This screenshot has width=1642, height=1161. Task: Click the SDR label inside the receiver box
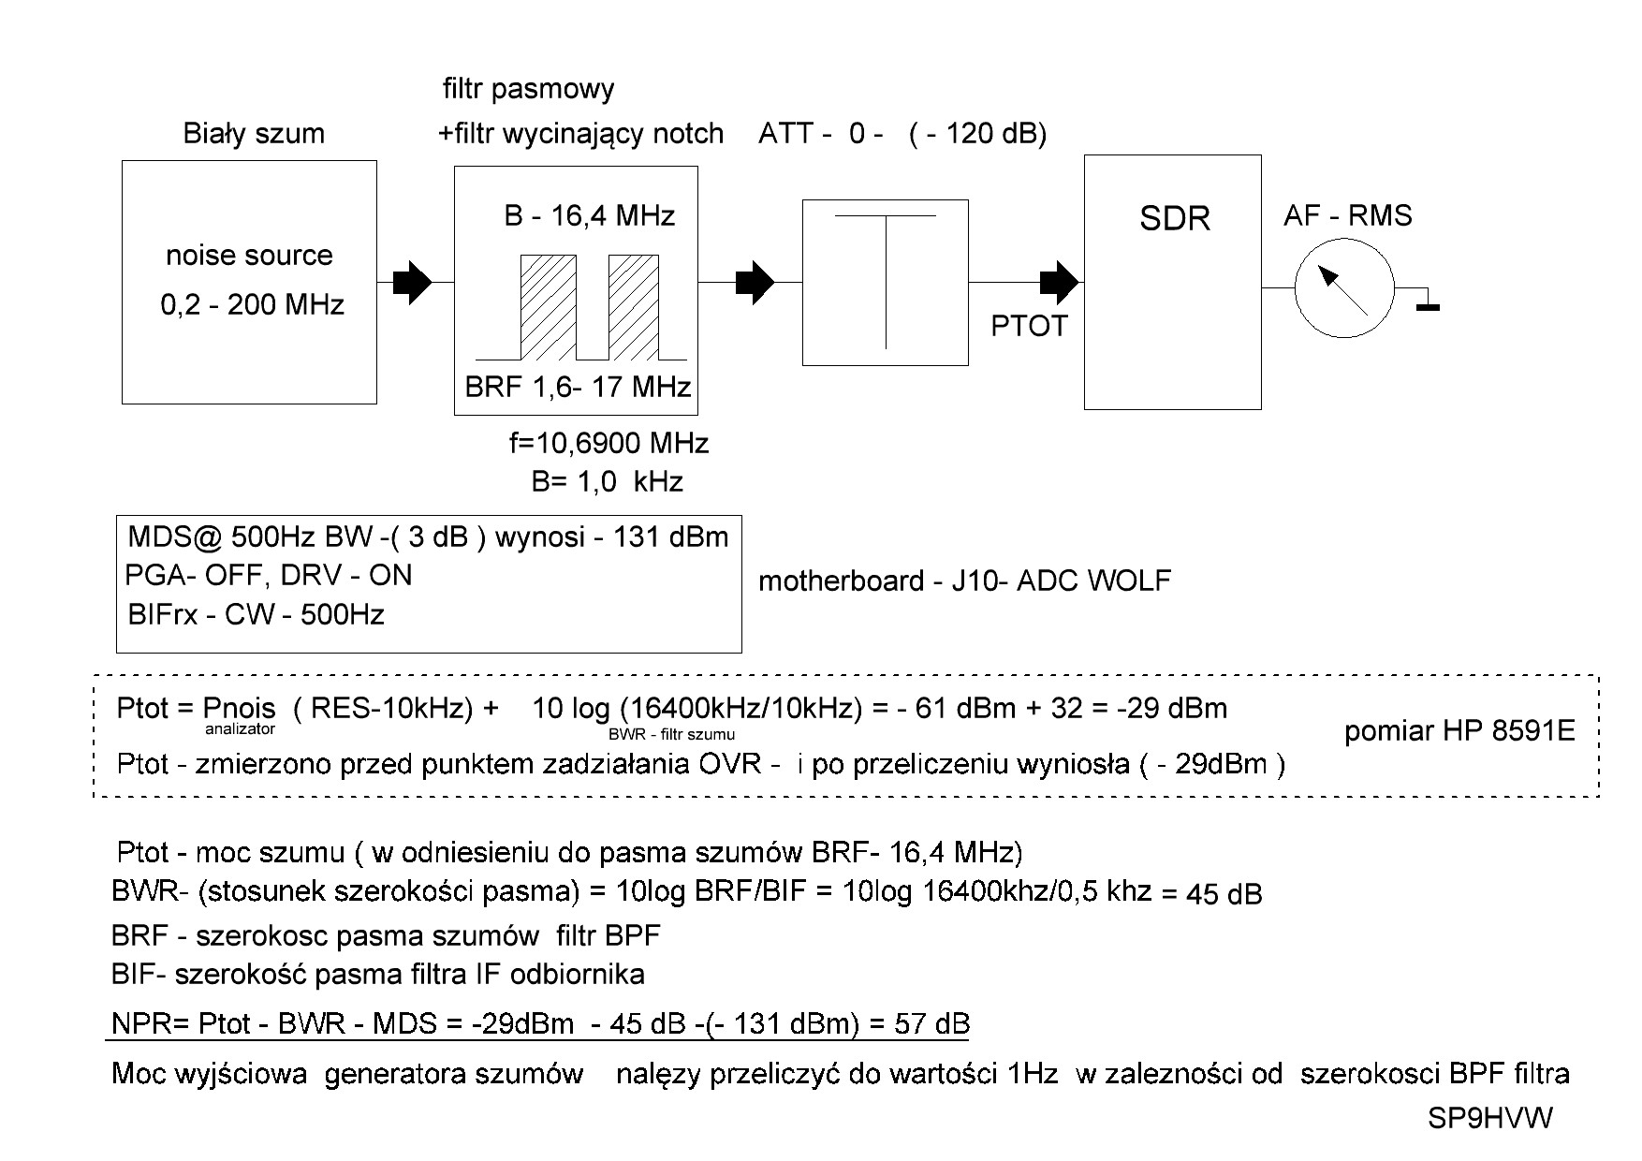click(x=1175, y=218)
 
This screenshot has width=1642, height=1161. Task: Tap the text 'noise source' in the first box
click(x=249, y=256)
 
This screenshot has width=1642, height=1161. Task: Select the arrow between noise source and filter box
click(x=412, y=282)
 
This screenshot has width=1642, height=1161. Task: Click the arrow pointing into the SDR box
click(x=1061, y=281)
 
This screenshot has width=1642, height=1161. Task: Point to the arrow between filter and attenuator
click(x=755, y=282)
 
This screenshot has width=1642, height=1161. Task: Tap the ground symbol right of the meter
click(x=1427, y=302)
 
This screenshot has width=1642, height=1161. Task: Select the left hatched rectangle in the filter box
click(x=549, y=306)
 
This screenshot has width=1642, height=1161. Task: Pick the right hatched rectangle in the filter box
click(x=634, y=306)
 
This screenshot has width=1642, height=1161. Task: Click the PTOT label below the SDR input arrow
click(x=1029, y=326)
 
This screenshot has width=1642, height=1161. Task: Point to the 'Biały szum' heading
click(x=254, y=134)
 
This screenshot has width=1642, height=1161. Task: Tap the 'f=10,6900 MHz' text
click(x=608, y=443)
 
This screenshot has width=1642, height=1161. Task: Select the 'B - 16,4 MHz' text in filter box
click(x=590, y=216)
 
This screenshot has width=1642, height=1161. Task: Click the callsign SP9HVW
click(x=1489, y=1118)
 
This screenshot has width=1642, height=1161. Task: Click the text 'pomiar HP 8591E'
click(x=1459, y=731)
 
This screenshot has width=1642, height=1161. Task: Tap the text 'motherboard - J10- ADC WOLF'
click(x=964, y=581)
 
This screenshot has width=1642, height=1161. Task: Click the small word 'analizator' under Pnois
click(x=241, y=728)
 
